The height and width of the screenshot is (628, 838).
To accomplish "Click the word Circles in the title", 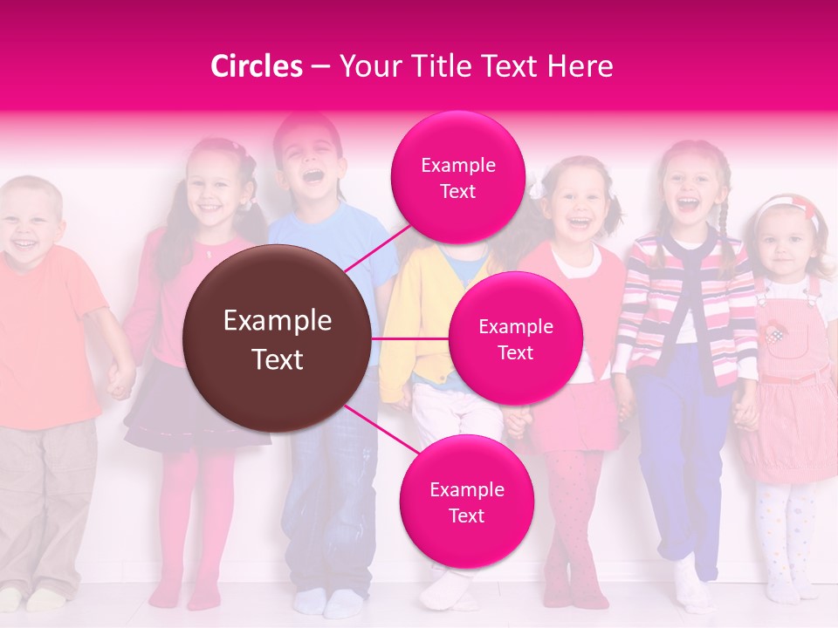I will (x=256, y=66).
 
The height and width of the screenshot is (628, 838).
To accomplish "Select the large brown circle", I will (x=278, y=338).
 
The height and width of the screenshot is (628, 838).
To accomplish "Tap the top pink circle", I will (x=457, y=178).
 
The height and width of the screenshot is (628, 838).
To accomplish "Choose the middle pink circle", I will (x=515, y=339).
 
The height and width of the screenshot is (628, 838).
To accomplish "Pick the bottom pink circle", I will (x=466, y=502).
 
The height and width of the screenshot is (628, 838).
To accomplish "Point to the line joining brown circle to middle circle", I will (x=410, y=338).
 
